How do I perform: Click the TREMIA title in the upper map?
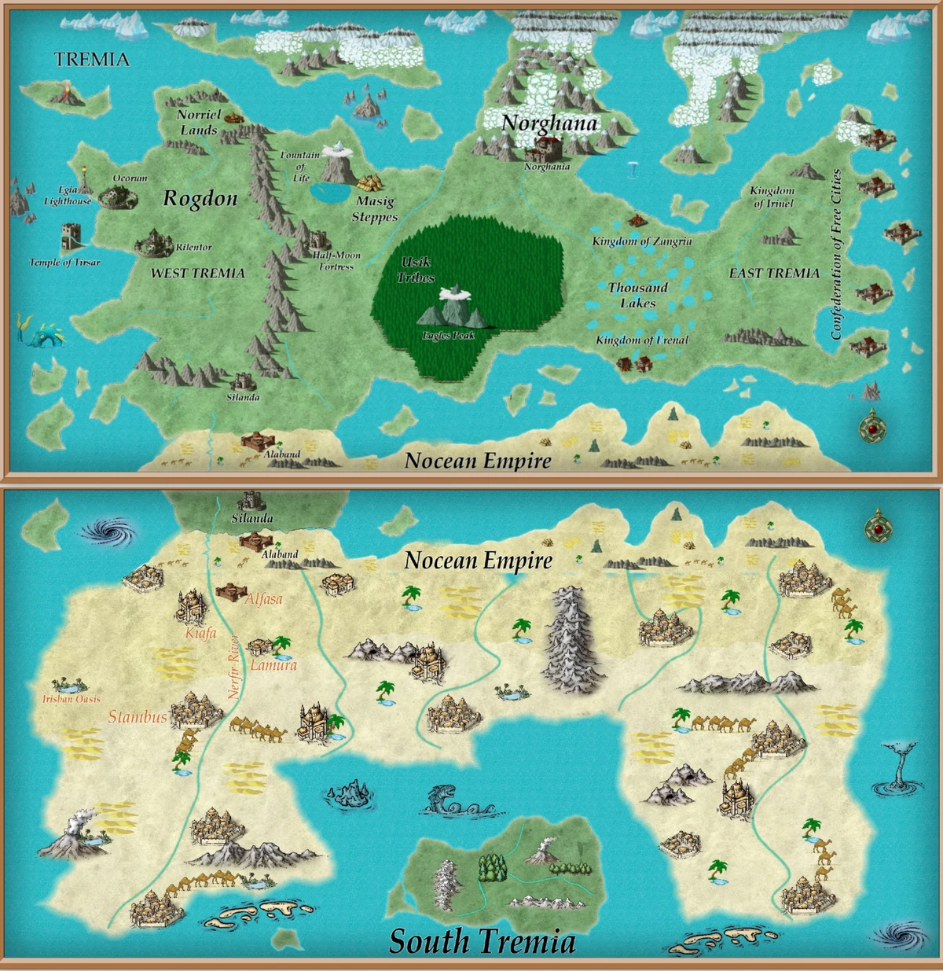pyautogui.click(x=92, y=59)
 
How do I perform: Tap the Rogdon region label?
pyautogui.click(x=200, y=199)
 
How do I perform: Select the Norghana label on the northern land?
pyautogui.click(x=549, y=123)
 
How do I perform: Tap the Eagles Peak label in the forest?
pyautogui.click(x=448, y=336)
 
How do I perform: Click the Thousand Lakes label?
pyautogui.click(x=637, y=295)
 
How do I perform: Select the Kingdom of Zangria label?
pyautogui.click(x=641, y=241)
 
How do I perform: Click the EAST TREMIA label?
pyautogui.click(x=774, y=273)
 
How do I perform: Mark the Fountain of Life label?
pyautogui.click(x=300, y=166)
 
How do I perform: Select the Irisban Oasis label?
pyautogui.click(x=71, y=698)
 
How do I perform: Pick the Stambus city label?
pyautogui.click(x=138, y=716)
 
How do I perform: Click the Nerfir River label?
pyautogui.click(x=233, y=667)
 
